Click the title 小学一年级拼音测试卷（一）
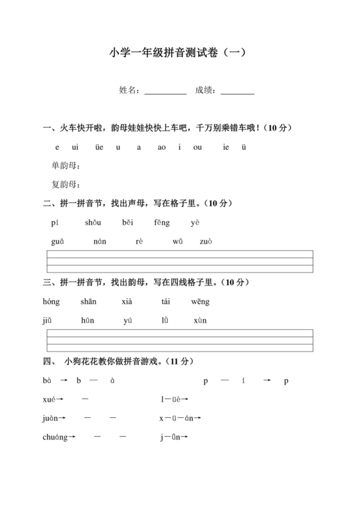tap(179, 53)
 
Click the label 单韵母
tap(66, 166)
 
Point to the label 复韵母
tap(66, 184)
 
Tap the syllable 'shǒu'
tap(93, 222)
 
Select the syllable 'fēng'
tap(162, 222)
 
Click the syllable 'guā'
tap(56, 241)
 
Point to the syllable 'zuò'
tap(206, 241)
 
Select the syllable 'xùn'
tap(200, 320)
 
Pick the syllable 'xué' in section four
tap(51, 399)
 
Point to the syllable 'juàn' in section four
tap(51, 418)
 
